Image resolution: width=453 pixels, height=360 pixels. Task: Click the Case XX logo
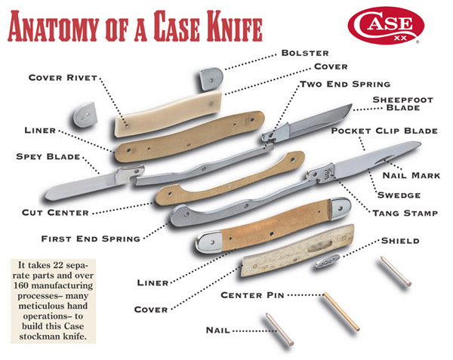(386, 26)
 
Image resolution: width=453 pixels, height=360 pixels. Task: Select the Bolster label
(305, 53)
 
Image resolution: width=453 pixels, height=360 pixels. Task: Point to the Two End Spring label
(345, 85)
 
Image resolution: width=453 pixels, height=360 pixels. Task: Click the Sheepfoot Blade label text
(402, 103)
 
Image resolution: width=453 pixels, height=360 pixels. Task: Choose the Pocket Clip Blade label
(384, 131)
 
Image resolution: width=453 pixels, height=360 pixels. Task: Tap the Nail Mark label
(411, 175)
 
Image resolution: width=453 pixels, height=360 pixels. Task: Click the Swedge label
(399, 195)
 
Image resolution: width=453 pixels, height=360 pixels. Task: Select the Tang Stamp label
(405, 214)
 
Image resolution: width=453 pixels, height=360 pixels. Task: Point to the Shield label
(400, 241)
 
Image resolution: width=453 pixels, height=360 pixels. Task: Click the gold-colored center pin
(342, 311)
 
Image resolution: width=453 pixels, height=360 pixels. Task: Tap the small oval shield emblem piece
(328, 260)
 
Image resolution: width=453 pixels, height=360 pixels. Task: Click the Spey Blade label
(48, 157)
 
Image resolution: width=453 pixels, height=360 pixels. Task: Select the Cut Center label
(55, 213)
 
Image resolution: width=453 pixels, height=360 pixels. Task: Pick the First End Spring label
(91, 238)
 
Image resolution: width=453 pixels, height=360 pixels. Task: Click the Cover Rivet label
(63, 78)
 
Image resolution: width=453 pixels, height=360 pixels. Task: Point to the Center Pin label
(252, 295)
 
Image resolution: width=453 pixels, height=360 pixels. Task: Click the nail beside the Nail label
(279, 329)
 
